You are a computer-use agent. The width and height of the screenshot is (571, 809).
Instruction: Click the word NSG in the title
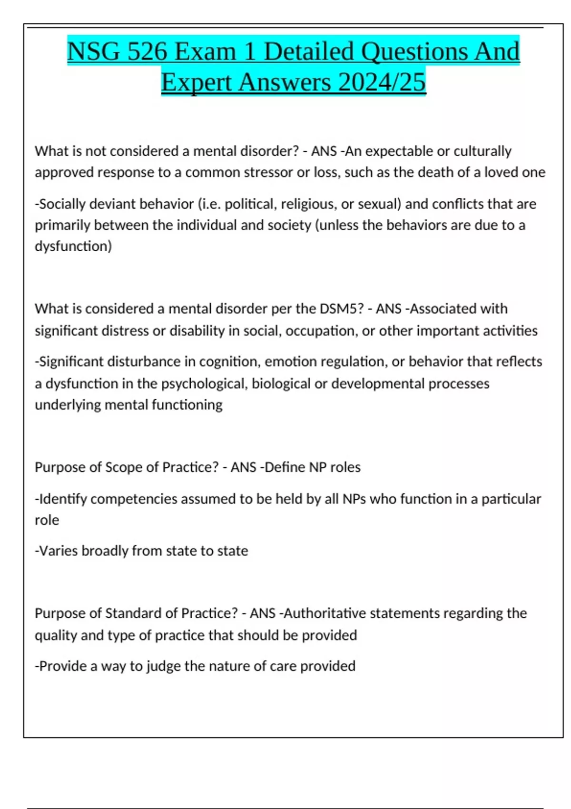[x=94, y=51]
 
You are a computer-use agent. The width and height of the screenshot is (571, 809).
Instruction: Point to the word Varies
[x=57, y=551]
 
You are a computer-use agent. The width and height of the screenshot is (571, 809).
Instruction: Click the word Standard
[x=133, y=613]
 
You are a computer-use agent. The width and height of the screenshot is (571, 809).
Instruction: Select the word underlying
[x=68, y=404]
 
